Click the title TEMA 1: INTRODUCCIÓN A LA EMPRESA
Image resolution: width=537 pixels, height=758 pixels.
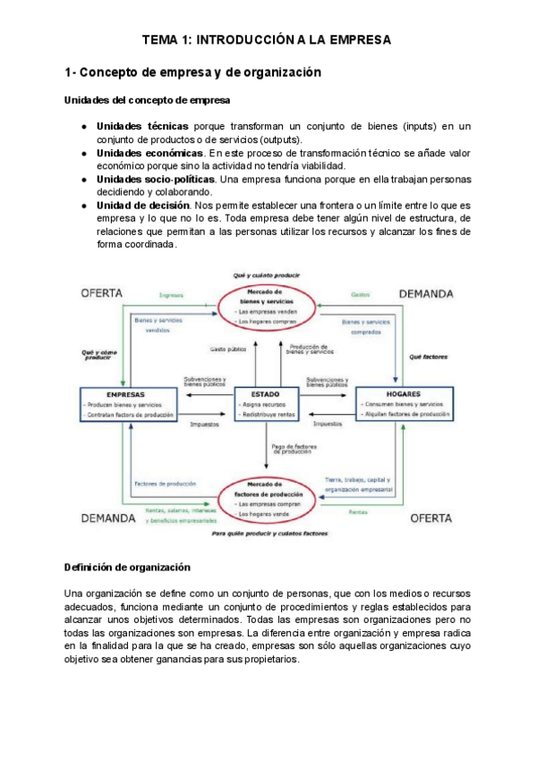click(x=268, y=40)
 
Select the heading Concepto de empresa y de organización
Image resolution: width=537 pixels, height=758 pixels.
click(x=192, y=72)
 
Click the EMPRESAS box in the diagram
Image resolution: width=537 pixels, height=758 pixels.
click(x=130, y=405)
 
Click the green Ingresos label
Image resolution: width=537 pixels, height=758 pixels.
click(x=171, y=294)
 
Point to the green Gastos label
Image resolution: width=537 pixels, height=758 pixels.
click(x=361, y=294)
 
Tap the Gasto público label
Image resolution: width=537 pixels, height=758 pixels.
click(x=228, y=349)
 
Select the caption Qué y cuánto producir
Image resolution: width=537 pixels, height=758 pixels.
click(x=266, y=276)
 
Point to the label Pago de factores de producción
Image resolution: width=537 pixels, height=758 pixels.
click(x=291, y=449)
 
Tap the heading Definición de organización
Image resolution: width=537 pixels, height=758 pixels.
click(x=129, y=567)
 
